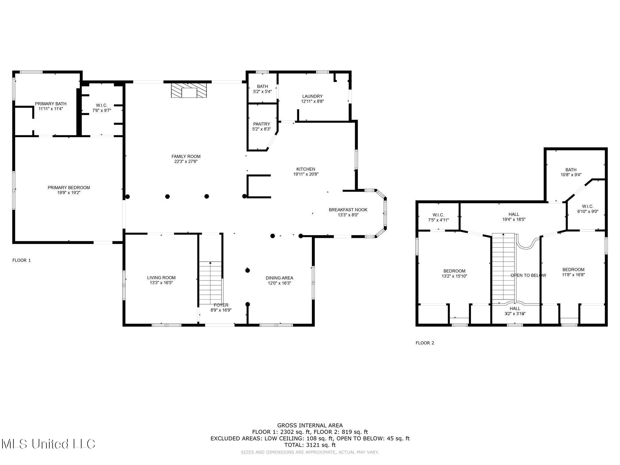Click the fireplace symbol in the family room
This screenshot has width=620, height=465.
click(x=189, y=90)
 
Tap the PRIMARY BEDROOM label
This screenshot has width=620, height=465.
click(x=69, y=188)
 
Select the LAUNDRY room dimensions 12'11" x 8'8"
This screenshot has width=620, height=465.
click(x=312, y=102)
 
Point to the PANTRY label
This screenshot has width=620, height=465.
click(x=262, y=124)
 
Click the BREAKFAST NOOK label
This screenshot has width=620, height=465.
click(x=348, y=210)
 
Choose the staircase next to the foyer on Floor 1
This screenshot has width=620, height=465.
click(x=210, y=283)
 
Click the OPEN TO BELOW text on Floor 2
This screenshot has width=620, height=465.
click(x=528, y=275)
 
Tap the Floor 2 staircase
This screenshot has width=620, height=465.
click(x=503, y=268)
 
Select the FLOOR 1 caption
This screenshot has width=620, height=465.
click(x=21, y=260)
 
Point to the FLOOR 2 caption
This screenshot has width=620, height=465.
click(x=425, y=343)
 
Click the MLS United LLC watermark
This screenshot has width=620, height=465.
click(x=48, y=444)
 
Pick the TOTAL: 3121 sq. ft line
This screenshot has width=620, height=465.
click(x=310, y=445)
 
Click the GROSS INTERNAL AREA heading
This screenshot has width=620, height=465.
click(x=310, y=426)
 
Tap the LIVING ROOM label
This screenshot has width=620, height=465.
click(x=161, y=278)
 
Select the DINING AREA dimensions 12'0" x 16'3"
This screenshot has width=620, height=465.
click(x=279, y=283)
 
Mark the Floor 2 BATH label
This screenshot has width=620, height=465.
click(x=571, y=170)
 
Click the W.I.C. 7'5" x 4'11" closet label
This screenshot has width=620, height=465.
click(x=438, y=217)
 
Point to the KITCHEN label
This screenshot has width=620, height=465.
click(x=306, y=169)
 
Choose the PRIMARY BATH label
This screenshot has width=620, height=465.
click(x=51, y=104)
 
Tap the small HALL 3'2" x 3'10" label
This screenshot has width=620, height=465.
click(x=515, y=311)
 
